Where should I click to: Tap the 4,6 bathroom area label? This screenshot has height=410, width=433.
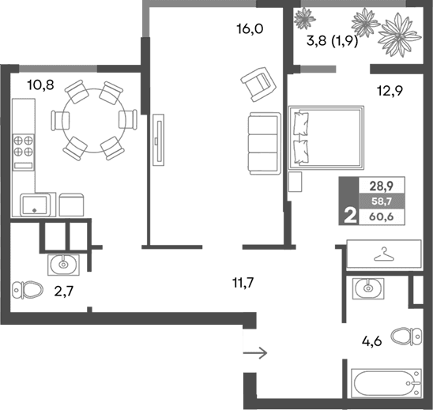[373, 343]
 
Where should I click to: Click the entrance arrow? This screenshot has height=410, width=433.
[257, 352]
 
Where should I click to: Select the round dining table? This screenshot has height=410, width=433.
[88, 119]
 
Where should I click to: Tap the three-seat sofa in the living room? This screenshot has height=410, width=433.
[263, 143]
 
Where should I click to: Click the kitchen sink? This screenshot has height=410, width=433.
[35, 205]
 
